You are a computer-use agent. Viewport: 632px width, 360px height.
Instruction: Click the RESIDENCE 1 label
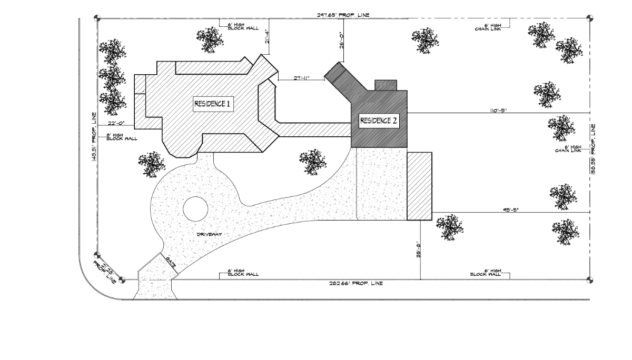click(213, 104)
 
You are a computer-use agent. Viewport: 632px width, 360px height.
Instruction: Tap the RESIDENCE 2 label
click(379, 121)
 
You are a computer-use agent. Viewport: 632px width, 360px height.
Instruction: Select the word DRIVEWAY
click(209, 234)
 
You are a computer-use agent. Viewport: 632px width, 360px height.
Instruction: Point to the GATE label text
click(171, 261)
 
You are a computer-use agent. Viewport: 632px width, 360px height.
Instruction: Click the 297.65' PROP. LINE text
click(343, 15)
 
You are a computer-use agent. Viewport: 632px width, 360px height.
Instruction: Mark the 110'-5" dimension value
click(498, 111)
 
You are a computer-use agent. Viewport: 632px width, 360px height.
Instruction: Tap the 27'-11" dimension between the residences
click(301, 78)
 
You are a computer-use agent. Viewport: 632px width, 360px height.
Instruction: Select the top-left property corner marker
click(97, 18)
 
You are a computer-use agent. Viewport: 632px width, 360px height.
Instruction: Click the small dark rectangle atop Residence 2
click(385, 86)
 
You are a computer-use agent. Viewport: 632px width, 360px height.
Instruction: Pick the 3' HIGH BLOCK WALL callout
click(122, 137)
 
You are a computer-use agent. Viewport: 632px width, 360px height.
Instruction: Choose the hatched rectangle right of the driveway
click(419, 186)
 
